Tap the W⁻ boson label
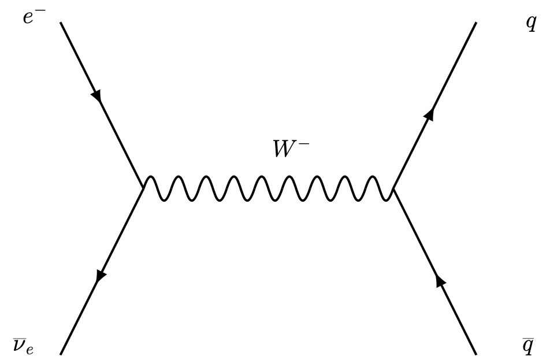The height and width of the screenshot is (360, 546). [x=291, y=149]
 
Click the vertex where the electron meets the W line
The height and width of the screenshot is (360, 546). [x=143, y=188]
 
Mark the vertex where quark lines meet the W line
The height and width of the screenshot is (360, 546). [x=393, y=188]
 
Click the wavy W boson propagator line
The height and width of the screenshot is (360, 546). [x=268, y=188]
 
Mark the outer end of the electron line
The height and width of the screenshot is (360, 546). [x=60, y=23]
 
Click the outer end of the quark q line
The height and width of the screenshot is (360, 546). [x=476, y=23]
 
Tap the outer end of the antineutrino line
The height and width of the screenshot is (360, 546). [x=60, y=353]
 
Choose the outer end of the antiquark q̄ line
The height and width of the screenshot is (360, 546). [x=476, y=353]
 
